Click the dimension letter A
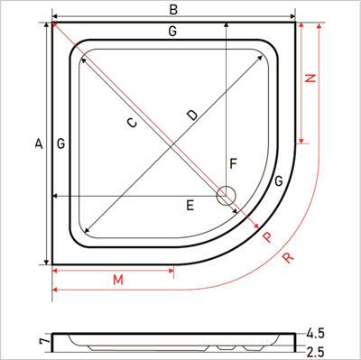[x=38, y=143]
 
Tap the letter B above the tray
[x=173, y=10]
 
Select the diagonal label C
[x=133, y=124]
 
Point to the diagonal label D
[x=191, y=115]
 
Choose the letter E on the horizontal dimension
[x=190, y=206]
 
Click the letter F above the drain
[x=232, y=164]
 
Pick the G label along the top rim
[x=171, y=32]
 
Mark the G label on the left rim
[x=60, y=143]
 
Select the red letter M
[x=118, y=280]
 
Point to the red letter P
[x=266, y=237]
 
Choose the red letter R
[x=287, y=258]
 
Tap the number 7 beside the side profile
[x=42, y=341]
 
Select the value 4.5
[x=315, y=332]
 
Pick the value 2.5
[x=315, y=350]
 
